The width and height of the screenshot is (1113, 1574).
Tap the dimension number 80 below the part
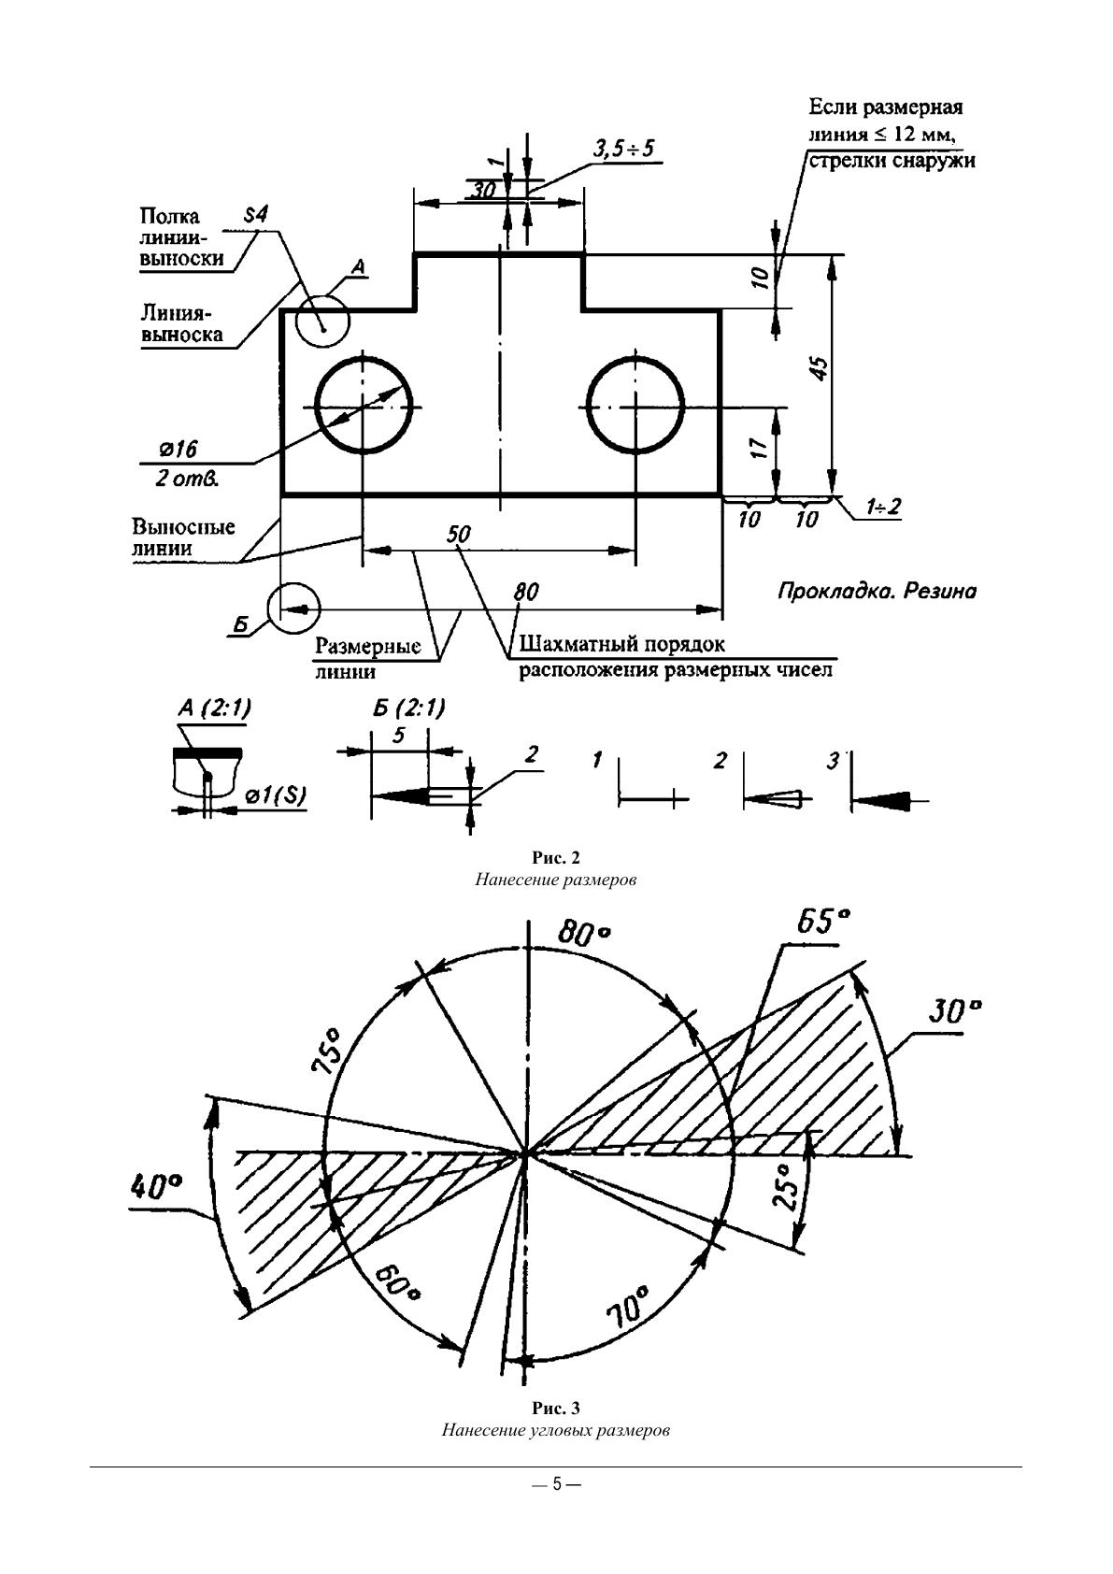pyautogui.click(x=526, y=593)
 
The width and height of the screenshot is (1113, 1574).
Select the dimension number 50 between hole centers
pyautogui.click(x=459, y=534)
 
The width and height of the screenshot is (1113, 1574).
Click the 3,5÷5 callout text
pyautogui.click(x=623, y=149)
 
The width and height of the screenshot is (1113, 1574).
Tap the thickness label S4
pyautogui.click(x=255, y=215)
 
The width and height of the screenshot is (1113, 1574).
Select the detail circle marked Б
pyautogui.click(x=293, y=608)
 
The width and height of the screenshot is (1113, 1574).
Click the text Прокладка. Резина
pyautogui.click(x=877, y=592)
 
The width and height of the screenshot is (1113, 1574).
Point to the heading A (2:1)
pyautogui.click(x=213, y=709)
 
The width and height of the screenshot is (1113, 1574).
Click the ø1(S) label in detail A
pyautogui.click(x=276, y=795)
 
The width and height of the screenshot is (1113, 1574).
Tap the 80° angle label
pyautogui.click(x=584, y=932)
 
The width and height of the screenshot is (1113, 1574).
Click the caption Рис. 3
pyautogui.click(x=556, y=1409)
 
